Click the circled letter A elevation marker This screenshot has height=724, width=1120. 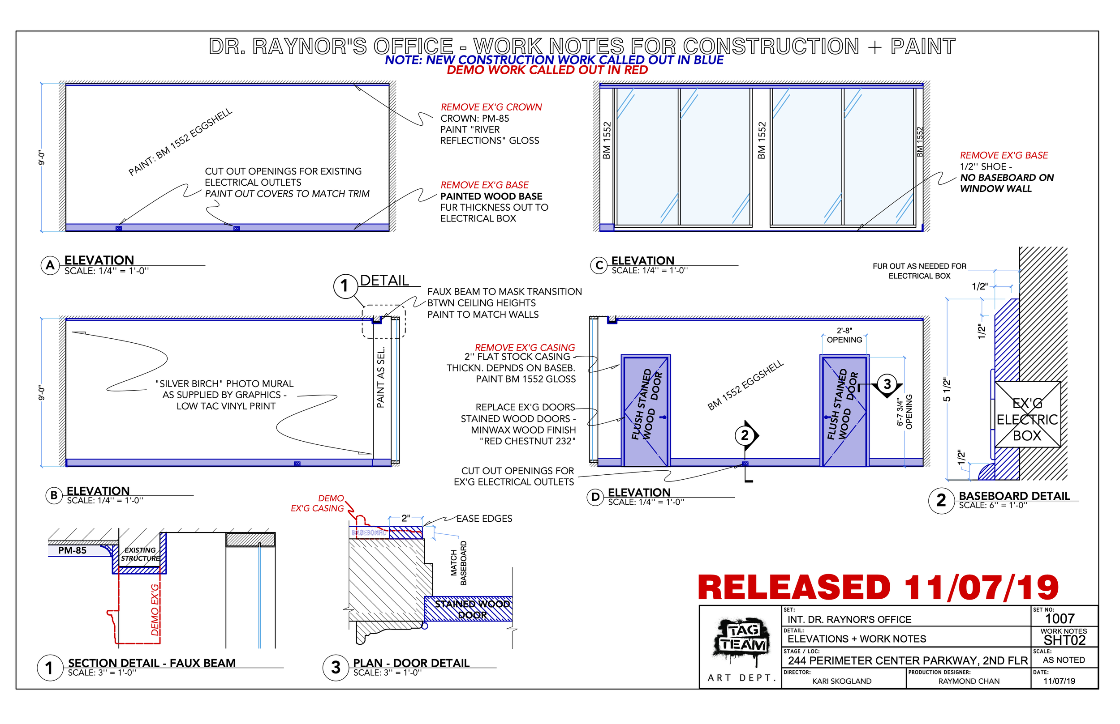pyautogui.click(x=50, y=266)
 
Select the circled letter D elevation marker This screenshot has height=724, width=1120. pyautogui.click(x=595, y=498)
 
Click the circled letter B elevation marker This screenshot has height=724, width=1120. pyautogui.click(x=54, y=496)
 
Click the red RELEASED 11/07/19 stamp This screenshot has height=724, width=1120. pyautogui.click(x=878, y=588)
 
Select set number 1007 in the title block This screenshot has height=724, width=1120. pyautogui.click(x=1060, y=619)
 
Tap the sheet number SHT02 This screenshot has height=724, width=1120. pyautogui.click(x=1064, y=641)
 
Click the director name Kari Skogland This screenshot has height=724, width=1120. pyautogui.click(x=842, y=681)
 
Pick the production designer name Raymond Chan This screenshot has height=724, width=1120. pyautogui.click(x=969, y=681)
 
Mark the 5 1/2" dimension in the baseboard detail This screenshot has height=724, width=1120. pyautogui.click(x=947, y=390)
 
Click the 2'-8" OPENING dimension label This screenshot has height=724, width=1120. pyautogui.click(x=845, y=336)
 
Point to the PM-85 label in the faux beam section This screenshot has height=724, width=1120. pyautogui.click(x=72, y=551)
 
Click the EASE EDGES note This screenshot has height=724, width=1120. pyautogui.click(x=484, y=519)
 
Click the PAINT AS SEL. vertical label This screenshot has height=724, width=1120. pyautogui.click(x=381, y=378)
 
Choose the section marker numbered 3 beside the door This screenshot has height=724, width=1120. pyautogui.click(x=887, y=385)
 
